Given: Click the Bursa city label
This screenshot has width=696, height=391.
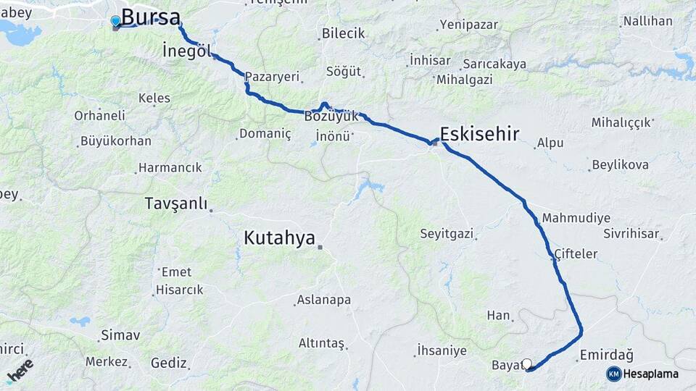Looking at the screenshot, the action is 151,17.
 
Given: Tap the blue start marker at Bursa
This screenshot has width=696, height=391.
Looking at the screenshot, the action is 115,21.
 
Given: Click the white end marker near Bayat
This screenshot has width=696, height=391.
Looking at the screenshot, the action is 527,363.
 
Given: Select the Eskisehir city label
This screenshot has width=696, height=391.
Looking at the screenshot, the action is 479,133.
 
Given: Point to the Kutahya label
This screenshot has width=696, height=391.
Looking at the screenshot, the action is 280,237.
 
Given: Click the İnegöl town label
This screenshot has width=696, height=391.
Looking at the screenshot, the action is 186,51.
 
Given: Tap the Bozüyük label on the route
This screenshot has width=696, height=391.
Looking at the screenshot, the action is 331,117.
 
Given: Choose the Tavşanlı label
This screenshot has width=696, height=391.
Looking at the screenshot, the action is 176,203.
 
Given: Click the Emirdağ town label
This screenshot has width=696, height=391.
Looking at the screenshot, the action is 606,356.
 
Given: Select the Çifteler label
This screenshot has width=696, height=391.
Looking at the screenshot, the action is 576,254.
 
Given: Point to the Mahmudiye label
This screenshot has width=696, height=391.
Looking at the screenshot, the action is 576,218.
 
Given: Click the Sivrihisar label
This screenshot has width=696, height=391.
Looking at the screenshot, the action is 631,234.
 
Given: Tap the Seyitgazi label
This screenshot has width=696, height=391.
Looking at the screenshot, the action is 447,234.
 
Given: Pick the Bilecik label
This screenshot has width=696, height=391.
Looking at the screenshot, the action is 343,33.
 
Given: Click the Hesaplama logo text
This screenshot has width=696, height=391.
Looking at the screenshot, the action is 650,374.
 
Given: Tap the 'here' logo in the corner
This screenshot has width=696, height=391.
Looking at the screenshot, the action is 20,371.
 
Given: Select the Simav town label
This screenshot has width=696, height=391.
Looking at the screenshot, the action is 120,335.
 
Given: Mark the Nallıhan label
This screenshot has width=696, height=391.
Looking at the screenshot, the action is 647,21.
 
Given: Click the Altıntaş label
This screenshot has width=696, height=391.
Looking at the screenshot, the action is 321,343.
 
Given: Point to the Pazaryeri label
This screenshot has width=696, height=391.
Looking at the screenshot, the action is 272,76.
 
